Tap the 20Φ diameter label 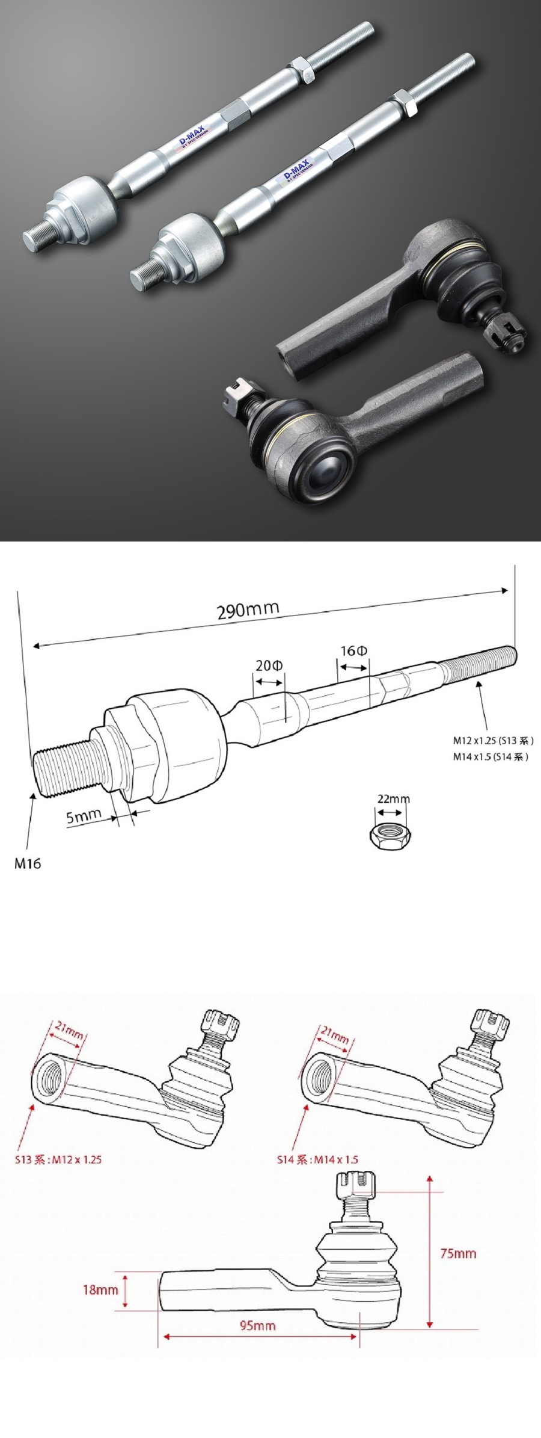[269, 665]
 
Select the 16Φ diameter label [354, 651]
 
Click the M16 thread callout [28, 863]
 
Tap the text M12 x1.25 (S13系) [493, 741]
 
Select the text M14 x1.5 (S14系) [491, 757]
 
